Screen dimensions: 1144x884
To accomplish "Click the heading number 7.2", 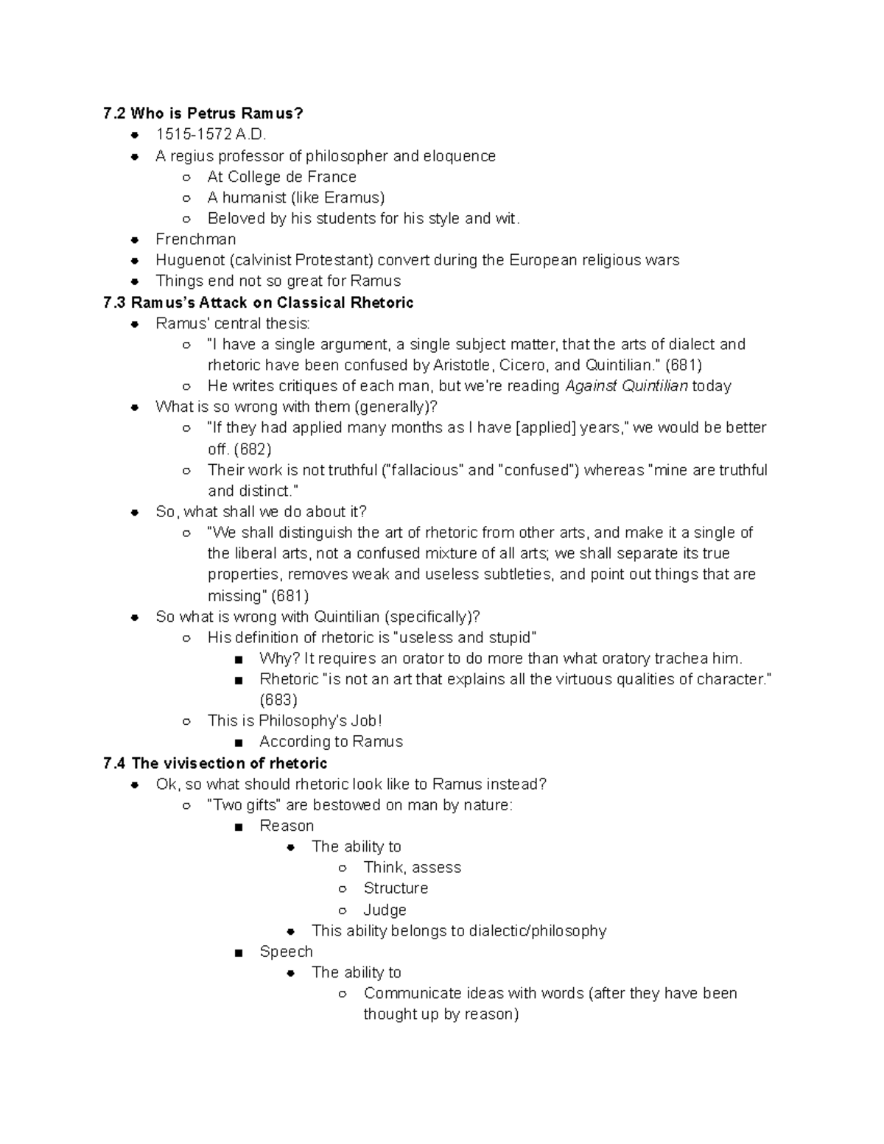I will click(115, 113).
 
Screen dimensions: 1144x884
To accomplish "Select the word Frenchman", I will click(195, 239).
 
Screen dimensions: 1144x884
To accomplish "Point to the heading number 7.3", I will click(115, 303).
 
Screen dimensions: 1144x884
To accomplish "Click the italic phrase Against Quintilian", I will click(626, 386).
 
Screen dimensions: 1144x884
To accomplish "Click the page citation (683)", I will click(278, 700).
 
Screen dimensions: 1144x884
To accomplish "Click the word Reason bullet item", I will click(287, 826).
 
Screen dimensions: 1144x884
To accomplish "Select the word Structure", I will click(396, 888).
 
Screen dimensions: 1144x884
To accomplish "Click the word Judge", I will click(385, 910).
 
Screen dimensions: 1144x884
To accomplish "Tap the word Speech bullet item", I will click(286, 952).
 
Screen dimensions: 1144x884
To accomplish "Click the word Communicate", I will click(413, 993).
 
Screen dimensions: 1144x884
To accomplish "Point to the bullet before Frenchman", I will click(134, 240).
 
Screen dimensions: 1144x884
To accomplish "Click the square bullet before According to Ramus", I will click(238, 743).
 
